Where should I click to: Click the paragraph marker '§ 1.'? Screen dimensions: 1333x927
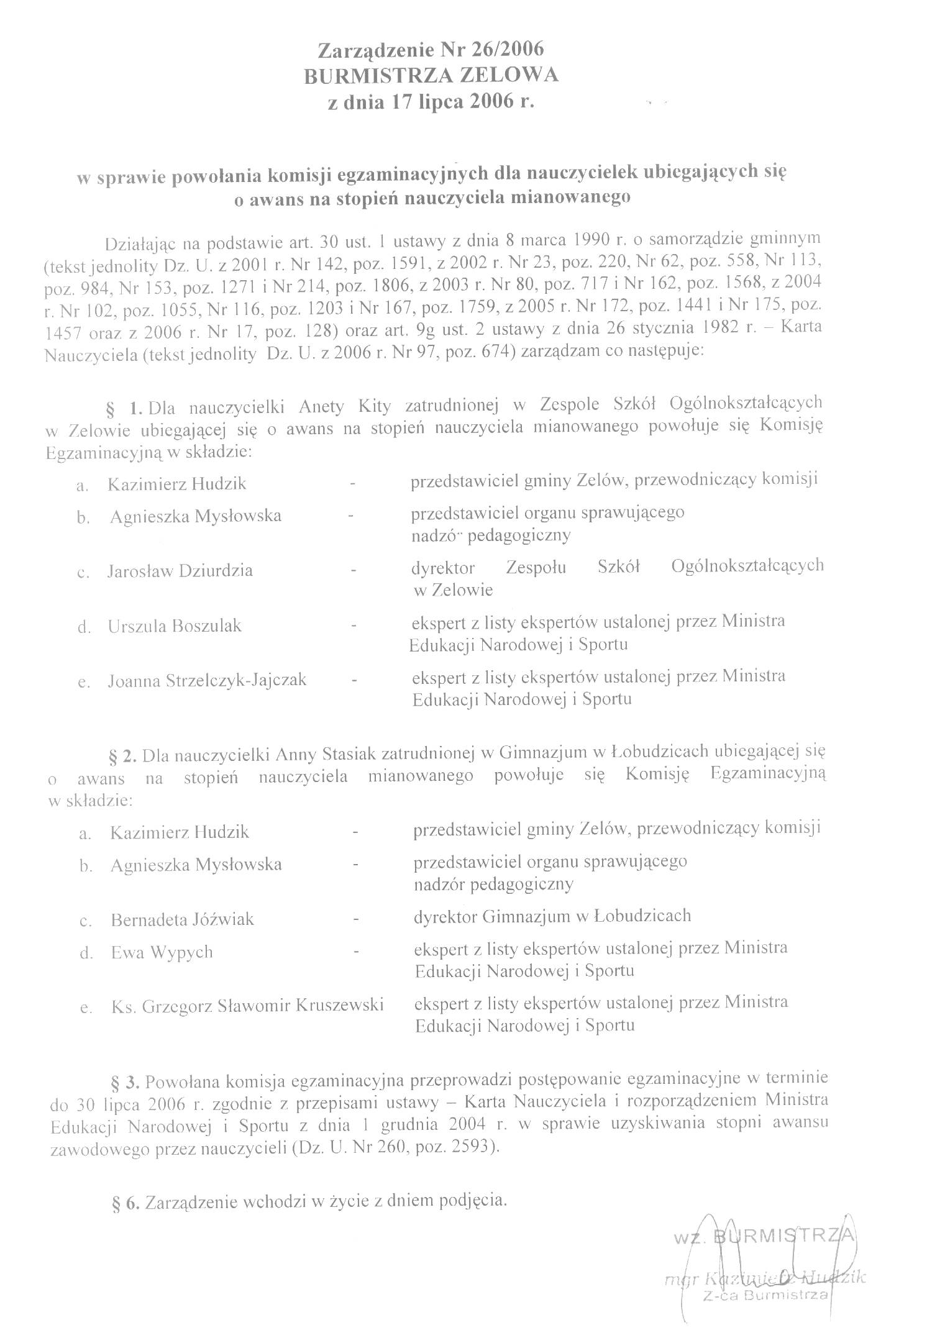(x=127, y=408)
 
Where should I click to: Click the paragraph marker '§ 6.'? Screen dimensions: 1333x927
(x=126, y=1201)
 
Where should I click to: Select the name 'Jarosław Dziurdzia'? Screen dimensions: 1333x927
(x=180, y=570)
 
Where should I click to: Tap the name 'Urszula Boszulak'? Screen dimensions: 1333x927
(x=175, y=626)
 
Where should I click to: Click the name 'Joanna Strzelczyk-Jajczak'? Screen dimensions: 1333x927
(x=207, y=680)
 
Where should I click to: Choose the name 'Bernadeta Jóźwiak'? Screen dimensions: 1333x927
(x=182, y=919)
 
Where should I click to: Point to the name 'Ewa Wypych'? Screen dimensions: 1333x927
(x=162, y=952)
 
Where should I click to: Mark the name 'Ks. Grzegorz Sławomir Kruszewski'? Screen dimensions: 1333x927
(x=247, y=1005)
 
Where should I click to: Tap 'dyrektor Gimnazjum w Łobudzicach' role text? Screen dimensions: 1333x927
(x=552, y=916)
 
